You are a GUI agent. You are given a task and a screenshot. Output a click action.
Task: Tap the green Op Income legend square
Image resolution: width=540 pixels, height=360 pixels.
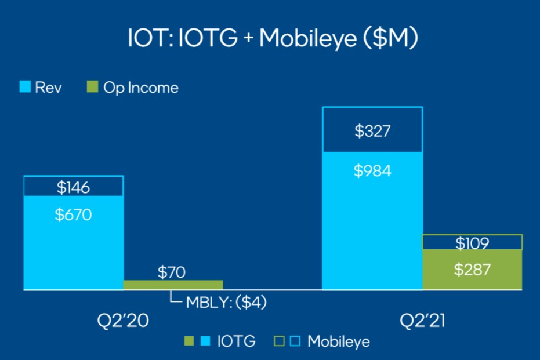92,88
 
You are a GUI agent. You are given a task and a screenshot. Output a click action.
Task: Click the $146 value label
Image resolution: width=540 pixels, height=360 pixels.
73,187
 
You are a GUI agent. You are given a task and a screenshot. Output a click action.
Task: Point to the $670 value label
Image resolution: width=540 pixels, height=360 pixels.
73,214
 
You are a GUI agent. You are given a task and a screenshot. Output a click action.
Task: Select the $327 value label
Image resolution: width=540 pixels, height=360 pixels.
372,131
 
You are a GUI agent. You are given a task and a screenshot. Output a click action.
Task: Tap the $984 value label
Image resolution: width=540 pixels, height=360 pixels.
372,171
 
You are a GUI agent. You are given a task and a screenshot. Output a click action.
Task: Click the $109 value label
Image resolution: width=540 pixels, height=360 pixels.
472,243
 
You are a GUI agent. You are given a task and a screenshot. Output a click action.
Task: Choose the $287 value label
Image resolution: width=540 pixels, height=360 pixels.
472,269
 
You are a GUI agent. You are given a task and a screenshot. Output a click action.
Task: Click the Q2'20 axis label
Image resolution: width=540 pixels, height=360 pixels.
122,321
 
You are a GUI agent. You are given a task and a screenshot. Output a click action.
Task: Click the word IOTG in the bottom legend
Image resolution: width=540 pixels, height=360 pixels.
235,341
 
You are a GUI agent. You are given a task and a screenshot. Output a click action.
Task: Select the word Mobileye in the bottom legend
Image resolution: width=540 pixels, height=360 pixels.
338,341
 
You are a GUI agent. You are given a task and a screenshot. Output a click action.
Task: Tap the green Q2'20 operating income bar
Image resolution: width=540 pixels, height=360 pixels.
173,285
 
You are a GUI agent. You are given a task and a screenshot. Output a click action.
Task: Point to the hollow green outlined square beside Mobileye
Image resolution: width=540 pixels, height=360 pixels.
280,341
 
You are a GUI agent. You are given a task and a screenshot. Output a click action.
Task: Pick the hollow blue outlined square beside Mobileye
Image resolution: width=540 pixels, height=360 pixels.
295,341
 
